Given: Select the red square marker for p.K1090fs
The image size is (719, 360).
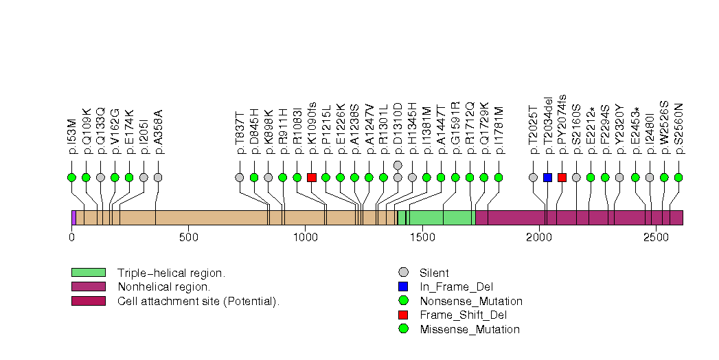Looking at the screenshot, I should (312, 177).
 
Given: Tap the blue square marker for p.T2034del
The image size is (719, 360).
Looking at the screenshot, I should (547, 177).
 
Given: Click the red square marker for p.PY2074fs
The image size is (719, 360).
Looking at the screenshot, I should (562, 177).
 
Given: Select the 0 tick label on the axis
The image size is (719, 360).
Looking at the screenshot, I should (71, 238).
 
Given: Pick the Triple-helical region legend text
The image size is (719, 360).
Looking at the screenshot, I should (171, 273).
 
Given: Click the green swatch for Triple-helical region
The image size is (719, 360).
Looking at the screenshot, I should (88, 273).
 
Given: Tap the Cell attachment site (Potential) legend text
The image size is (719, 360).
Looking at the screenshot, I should (198, 301).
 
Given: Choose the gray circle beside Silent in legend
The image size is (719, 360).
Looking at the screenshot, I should (403, 273).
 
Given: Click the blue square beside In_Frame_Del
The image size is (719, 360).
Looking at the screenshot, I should (403, 286).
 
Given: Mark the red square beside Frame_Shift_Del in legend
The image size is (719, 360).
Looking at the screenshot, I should (403, 315).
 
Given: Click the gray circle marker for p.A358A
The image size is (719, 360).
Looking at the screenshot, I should (158, 177).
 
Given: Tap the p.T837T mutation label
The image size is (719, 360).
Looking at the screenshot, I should (240, 128).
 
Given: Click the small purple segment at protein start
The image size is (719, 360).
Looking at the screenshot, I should (73, 218).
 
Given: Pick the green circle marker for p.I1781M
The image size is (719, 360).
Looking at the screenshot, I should (499, 177).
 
